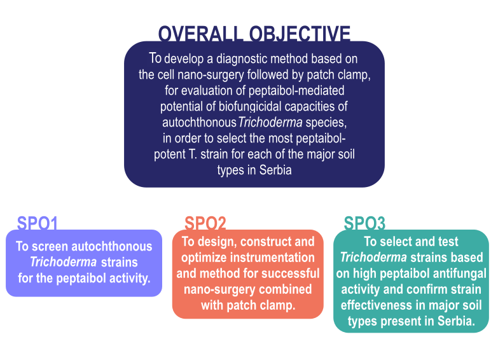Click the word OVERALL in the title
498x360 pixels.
(x=200, y=33)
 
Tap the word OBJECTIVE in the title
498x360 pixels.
(x=300, y=33)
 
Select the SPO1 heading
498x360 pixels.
(x=38, y=223)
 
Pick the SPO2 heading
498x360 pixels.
(x=205, y=223)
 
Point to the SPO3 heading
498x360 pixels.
(x=364, y=223)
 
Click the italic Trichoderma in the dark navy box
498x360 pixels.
(x=270, y=122)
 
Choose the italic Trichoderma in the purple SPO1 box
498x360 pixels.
(x=63, y=262)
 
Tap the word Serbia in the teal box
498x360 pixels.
(x=457, y=321)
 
